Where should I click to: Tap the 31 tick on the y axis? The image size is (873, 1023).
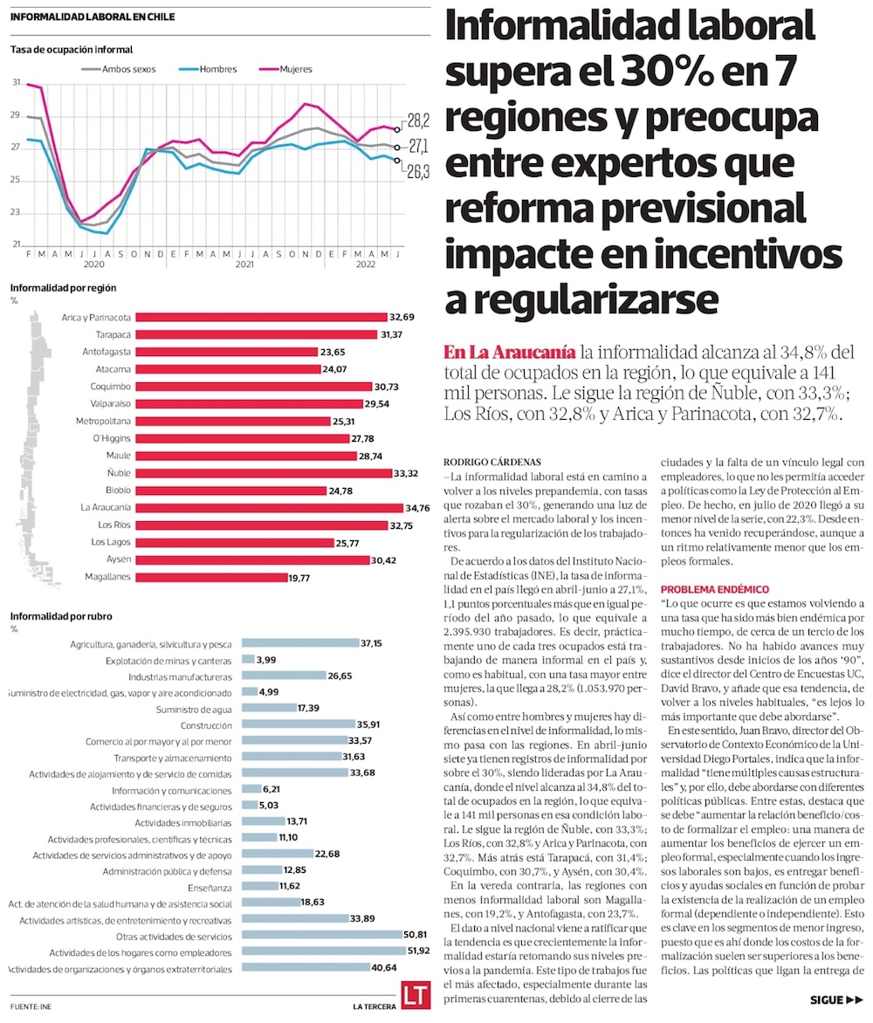(x=16, y=83)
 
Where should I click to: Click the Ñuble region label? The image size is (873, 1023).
(x=120, y=472)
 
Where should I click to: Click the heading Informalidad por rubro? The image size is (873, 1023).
(x=63, y=616)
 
